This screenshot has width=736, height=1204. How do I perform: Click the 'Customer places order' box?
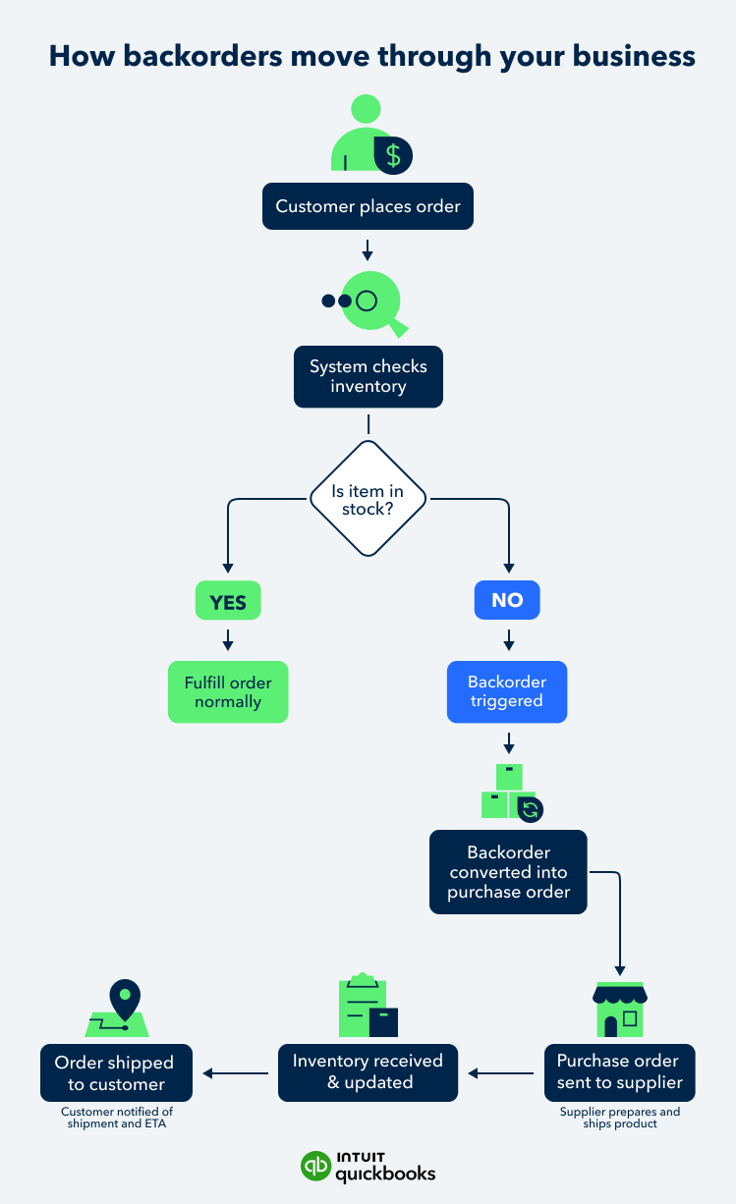[368, 207]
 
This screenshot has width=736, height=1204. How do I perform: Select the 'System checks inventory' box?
[368, 376]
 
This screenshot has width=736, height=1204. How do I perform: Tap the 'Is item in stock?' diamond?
[368, 500]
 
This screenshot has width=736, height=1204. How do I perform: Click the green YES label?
[228, 601]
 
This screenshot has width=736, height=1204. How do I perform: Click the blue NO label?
[507, 600]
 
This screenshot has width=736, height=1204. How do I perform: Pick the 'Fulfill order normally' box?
[228, 692]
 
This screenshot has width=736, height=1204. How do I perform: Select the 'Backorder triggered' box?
[507, 691]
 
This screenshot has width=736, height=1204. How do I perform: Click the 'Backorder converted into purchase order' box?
[508, 872]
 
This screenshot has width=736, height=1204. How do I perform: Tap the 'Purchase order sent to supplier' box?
[619, 1072]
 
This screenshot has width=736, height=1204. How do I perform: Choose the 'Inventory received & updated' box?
[368, 1072]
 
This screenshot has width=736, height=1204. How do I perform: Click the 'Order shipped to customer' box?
[116, 1072]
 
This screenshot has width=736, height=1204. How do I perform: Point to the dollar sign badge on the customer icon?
[393, 155]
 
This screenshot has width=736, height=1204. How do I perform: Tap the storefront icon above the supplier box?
[619, 1008]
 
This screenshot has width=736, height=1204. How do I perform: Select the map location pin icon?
[124, 1000]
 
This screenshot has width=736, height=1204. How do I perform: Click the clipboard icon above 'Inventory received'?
[366, 1007]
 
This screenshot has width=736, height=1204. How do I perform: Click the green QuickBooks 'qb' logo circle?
[316, 1166]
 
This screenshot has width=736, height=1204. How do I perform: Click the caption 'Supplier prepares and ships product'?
[619, 1118]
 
